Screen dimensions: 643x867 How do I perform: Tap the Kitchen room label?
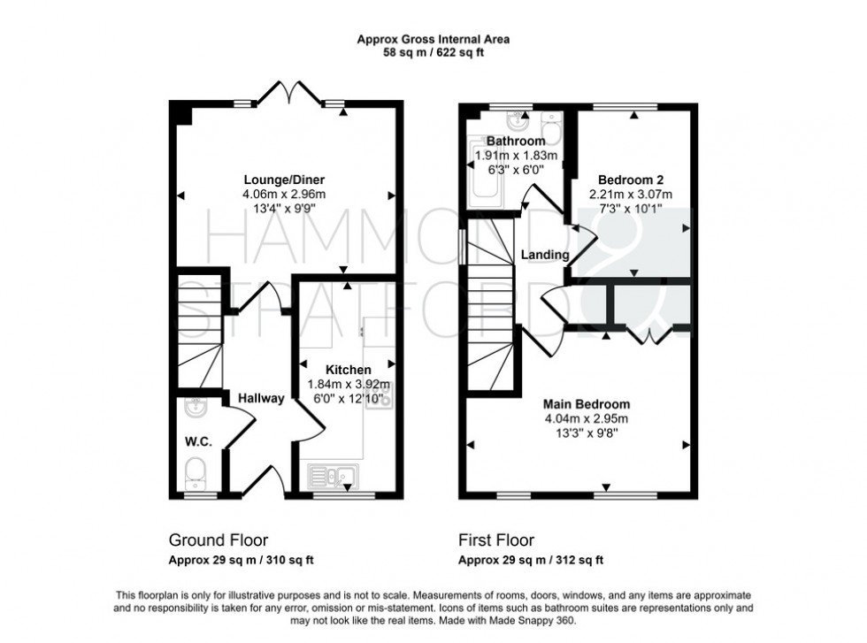(x=348, y=370)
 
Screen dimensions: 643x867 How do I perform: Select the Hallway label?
(x=260, y=399)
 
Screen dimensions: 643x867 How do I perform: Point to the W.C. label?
(x=196, y=440)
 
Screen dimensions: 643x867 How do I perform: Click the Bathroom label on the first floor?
(x=516, y=142)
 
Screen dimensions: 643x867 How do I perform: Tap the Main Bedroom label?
(x=587, y=403)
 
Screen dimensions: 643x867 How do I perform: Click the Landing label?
(x=544, y=255)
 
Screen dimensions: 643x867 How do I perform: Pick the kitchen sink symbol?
(x=331, y=478)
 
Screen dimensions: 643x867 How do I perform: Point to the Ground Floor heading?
(x=218, y=540)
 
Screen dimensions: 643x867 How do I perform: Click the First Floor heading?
(x=495, y=540)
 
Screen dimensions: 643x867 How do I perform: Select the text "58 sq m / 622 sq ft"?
(x=433, y=53)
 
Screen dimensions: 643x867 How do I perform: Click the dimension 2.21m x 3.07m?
(x=631, y=195)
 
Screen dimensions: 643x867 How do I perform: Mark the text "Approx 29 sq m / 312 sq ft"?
(x=530, y=560)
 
